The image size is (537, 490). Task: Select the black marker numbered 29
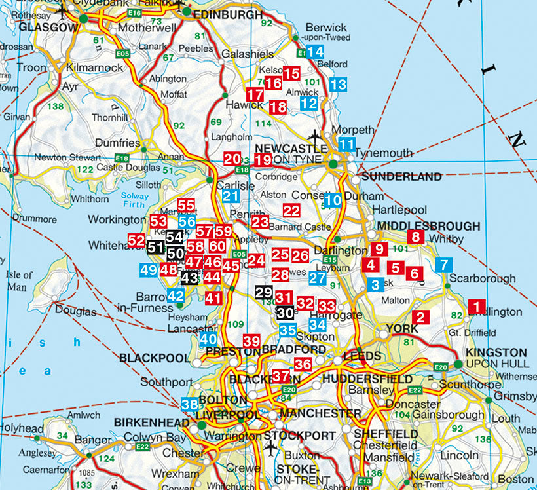tap(263, 293)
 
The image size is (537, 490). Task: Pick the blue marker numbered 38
tap(190, 404)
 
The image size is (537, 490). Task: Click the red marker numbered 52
tap(136, 241)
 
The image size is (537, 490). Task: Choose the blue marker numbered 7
tap(443, 265)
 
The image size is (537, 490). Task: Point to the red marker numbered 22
tap(291, 210)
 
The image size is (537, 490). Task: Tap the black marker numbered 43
tap(189, 278)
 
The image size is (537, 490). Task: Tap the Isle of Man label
tap(18, 280)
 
